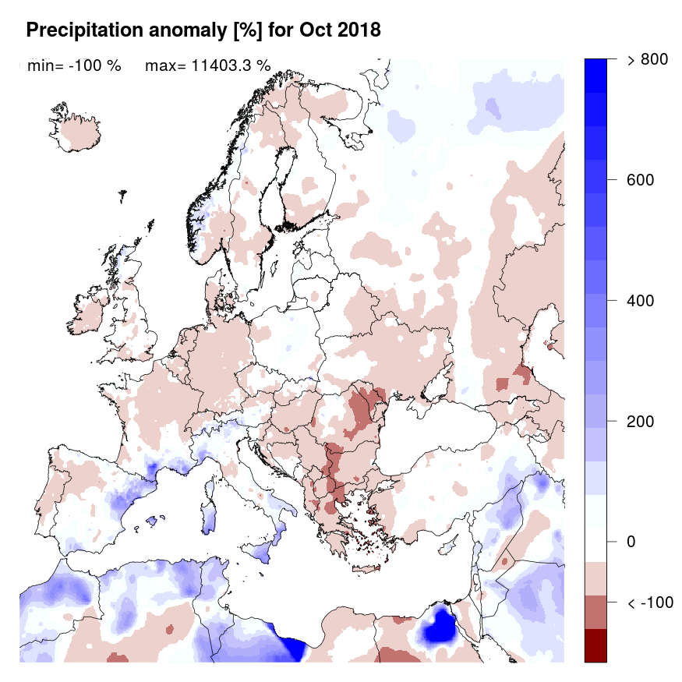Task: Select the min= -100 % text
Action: pyautogui.click(x=74, y=65)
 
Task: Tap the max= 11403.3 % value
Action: pyautogui.click(x=208, y=65)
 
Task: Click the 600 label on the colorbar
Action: pyautogui.click(x=639, y=180)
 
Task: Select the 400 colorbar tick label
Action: pyautogui.click(x=639, y=301)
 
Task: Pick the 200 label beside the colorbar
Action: pyautogui.click(x=639, y=422)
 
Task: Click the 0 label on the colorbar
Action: pyautogui.click(x=631, y=542)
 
